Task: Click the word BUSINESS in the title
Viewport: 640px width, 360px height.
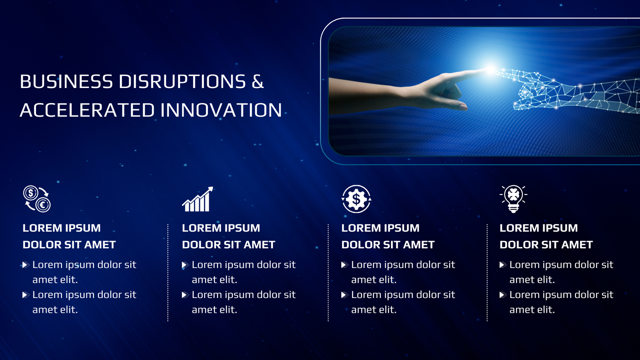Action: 66,82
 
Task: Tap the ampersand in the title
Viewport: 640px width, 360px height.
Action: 258,82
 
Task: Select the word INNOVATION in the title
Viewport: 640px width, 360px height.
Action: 221,110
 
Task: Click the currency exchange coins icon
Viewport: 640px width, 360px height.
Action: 37,199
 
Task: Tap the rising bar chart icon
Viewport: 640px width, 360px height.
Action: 198,199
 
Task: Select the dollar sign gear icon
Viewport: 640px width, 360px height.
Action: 356,199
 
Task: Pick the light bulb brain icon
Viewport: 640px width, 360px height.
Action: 514,199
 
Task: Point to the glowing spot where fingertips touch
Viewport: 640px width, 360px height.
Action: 490,70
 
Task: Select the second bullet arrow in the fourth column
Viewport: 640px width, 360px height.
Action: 503,295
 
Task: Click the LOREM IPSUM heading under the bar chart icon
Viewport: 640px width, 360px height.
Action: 221,228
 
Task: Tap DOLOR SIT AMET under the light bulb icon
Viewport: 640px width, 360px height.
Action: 546,245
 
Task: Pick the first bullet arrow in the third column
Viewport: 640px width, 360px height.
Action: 345,265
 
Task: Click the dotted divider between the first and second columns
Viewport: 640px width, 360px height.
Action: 168,273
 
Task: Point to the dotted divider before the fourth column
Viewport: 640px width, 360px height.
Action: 487,273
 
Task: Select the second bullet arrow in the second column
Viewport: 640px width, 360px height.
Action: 186,295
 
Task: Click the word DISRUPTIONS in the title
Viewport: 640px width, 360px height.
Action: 182,82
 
